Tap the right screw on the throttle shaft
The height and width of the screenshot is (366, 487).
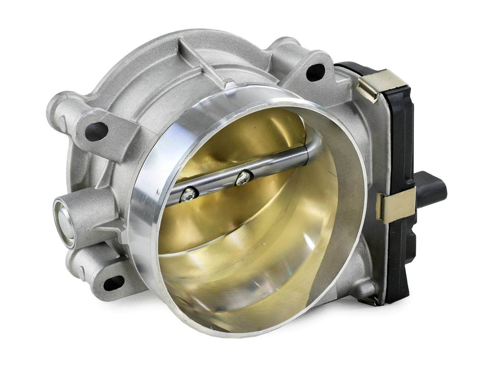coord(243,177)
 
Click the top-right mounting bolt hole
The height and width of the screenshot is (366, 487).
coord(315,72)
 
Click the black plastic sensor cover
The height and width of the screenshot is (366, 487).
coord(399,143)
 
